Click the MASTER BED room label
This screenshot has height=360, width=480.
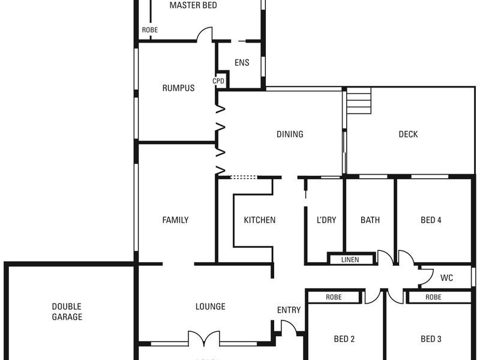[193, 5]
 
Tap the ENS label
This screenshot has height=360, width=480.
[242, 62]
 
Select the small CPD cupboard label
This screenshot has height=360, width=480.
[218, 81]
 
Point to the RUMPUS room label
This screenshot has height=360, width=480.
[178, 88]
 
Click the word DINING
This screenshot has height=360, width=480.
[290, 134]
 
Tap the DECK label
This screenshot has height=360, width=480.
[408, 134]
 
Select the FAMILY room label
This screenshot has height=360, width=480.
[175, 220]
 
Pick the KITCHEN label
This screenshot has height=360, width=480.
[259, 220]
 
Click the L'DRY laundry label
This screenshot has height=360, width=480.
[326, 220]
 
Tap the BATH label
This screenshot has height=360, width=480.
[370, 220]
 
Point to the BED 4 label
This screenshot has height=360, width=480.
[431, 220]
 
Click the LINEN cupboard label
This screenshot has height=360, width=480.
[350, 260]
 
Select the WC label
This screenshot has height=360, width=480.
[446, 278]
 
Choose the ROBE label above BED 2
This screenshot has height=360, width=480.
[334, 297]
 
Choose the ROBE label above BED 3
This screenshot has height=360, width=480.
[433, 297]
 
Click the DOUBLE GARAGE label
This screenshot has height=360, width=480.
[67, 311]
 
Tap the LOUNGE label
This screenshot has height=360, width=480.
[211, 307]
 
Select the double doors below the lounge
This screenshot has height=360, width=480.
[205, 338]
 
